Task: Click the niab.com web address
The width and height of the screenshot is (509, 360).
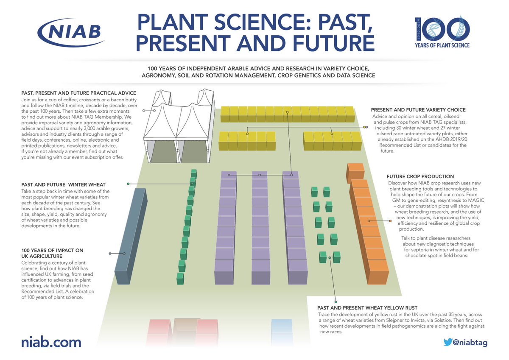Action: pos(51,342)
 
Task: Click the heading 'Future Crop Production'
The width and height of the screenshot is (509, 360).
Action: pos(420,176)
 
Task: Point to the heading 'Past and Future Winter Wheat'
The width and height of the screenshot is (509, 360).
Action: pos(63,184)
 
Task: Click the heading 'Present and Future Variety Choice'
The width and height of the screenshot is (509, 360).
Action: pos(418,110)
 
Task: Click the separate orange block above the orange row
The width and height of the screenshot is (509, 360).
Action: pos(355,171)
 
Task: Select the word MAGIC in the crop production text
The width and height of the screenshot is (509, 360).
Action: pos(474,200)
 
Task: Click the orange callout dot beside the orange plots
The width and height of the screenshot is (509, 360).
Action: pos(390,221)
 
